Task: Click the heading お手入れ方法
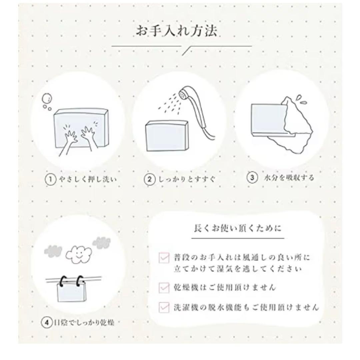(176, 31)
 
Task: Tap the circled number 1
(50, 179)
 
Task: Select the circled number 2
(149, 179)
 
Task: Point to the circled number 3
(252, 178)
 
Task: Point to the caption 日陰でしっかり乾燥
(84, 322)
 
